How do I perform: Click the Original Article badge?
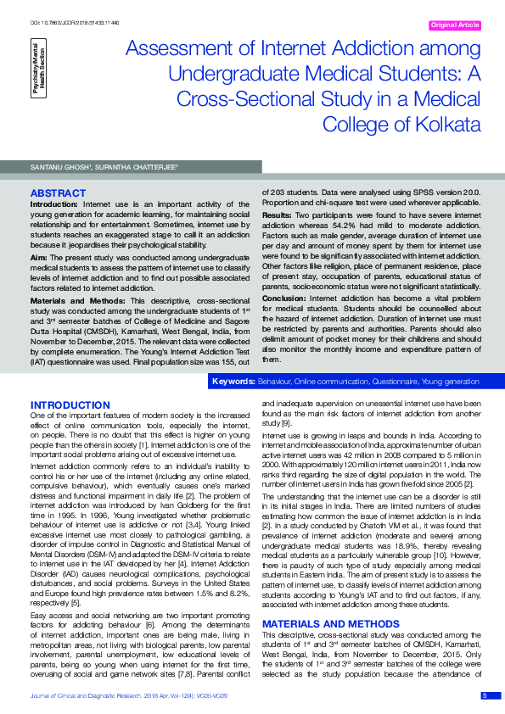[x=456, y=25]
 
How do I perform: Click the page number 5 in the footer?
[x=485, y=696]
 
